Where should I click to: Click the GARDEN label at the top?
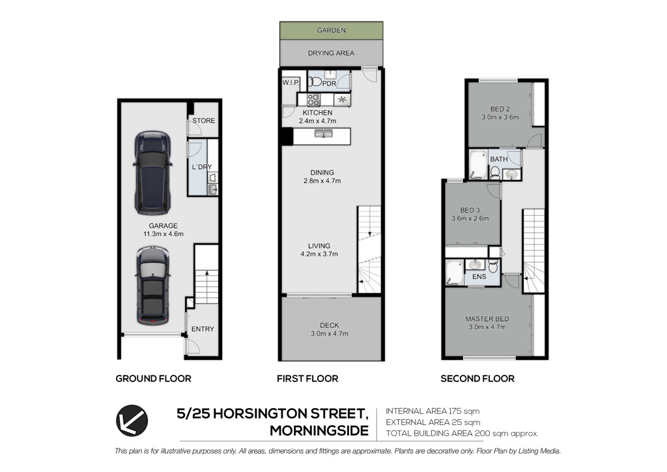click(331, 30)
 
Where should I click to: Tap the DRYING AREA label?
click(331, 53)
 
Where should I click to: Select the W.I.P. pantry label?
click(291, 83)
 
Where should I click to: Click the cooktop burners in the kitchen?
click(313, 100)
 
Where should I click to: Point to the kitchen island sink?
click(324, 134)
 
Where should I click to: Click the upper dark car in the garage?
click(152, 173)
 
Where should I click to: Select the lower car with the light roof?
click(152, 286)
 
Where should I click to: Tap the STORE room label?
click(204, 121)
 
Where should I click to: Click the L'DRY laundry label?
click(202, 167)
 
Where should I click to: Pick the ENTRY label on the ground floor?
click(203, 329)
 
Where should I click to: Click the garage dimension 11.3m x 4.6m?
click(163, 234)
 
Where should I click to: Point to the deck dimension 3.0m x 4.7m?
click(329, 334)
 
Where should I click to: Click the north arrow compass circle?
click(132, 420)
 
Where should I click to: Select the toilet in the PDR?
click(315, 81)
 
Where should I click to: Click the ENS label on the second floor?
click(479, 276)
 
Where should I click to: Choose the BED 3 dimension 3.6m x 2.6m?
click(470, 219)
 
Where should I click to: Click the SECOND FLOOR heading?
click(477, 378)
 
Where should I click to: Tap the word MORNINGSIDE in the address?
click(319, 431)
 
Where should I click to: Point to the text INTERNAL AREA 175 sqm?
click(433, 411)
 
